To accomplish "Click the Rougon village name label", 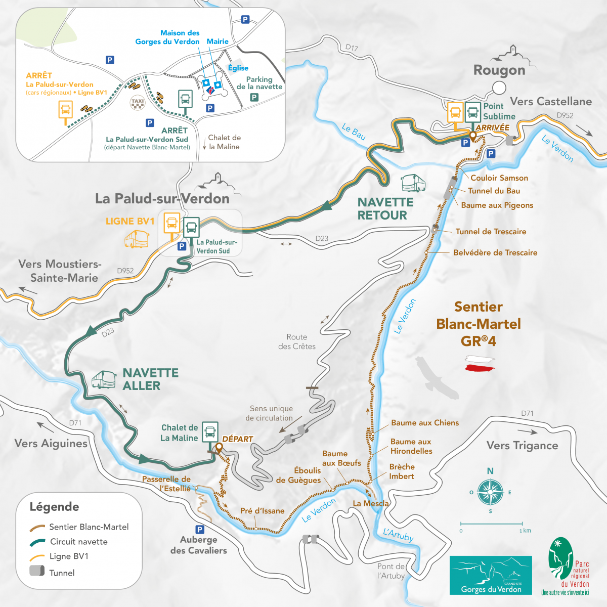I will [499, 70].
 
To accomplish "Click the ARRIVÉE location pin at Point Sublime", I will [472, 135].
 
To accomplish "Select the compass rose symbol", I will [490, 491].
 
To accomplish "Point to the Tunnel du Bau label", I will [494, 191].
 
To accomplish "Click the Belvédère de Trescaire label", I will [495, 252].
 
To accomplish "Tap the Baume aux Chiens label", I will [424, 423].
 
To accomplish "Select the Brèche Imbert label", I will [402, 471].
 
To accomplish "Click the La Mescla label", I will [370, 503].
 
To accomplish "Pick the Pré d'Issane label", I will [262, 511].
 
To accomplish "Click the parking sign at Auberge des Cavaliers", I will [200, 530].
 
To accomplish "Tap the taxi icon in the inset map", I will [138, 102].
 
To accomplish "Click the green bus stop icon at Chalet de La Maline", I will [210, 431].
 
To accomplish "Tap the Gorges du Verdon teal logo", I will [490, 575].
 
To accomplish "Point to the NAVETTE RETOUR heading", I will [385, 208].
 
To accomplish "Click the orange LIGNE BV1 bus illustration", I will [136, 239].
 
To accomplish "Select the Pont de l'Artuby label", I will [391, 571].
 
